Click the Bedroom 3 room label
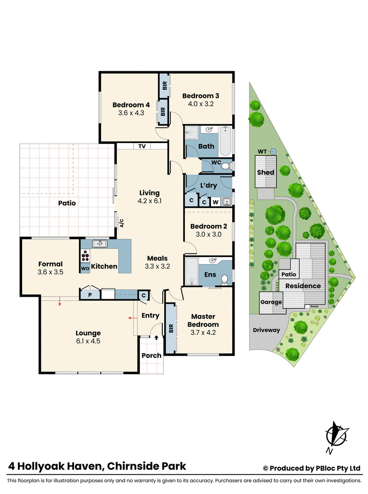tap(201, 96)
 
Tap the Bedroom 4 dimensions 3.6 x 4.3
tap(131, 113)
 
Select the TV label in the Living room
tap(142, 146)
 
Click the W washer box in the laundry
tap(215, 202)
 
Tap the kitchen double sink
tap(99, 243)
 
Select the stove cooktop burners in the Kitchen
tap(85, 256)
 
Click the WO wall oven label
tap(85, 269)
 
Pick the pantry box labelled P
tap(90, 294)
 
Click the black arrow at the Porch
tap(156, 338)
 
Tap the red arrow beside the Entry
tap(132, 318)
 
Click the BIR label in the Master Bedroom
tap(171, 328)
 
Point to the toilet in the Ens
tap(224, 280)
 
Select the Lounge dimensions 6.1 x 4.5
tap(88, 341)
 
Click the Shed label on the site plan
tap(265, 172)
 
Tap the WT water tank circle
tap(273, 151)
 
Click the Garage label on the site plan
tap(271, 302)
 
